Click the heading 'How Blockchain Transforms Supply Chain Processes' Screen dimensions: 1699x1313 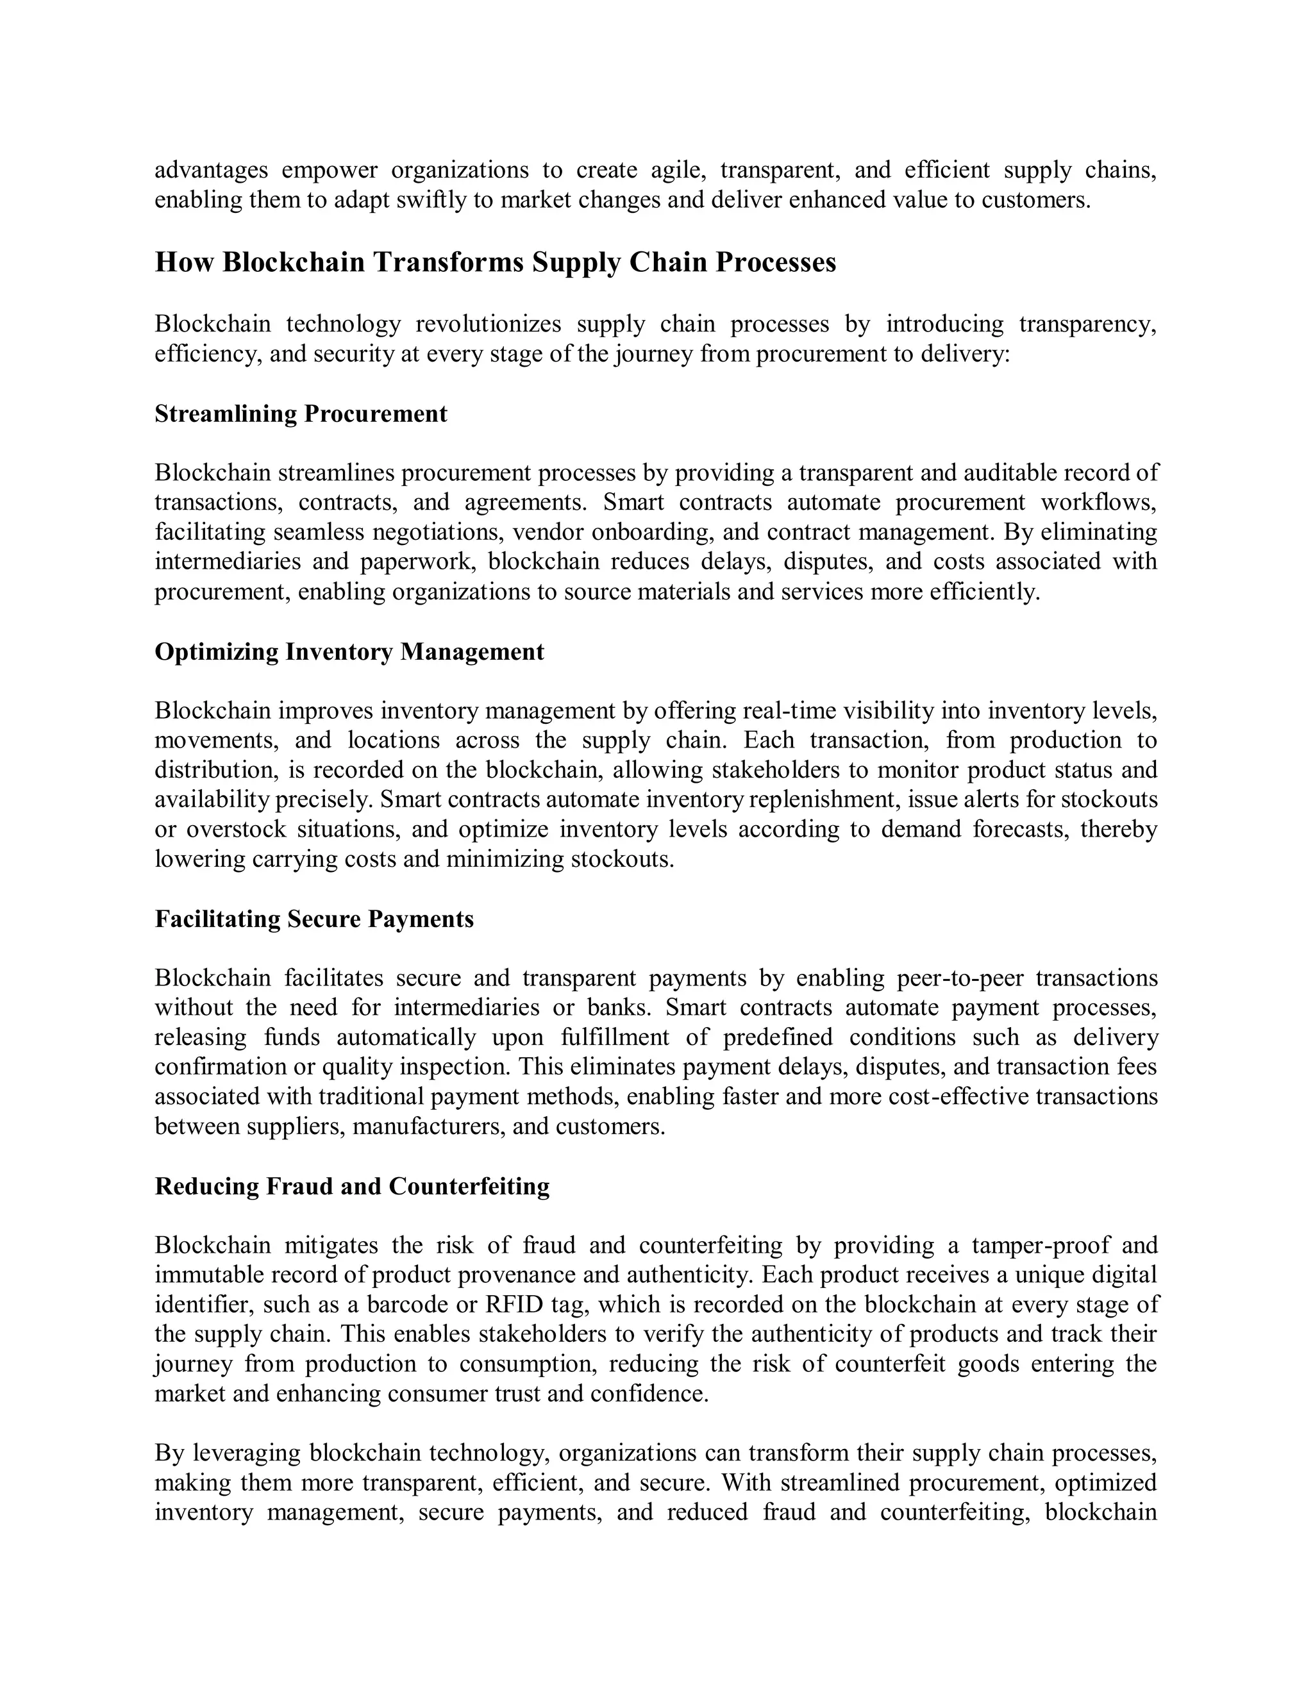tap(495, 262)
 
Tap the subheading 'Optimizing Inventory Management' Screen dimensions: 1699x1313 tap(349, 651)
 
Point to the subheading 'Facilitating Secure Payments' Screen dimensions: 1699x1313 tap(314, 919)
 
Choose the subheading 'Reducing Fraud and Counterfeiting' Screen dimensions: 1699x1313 tap(351, 1186)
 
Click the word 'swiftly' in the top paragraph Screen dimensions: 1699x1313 tap(431, 200)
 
